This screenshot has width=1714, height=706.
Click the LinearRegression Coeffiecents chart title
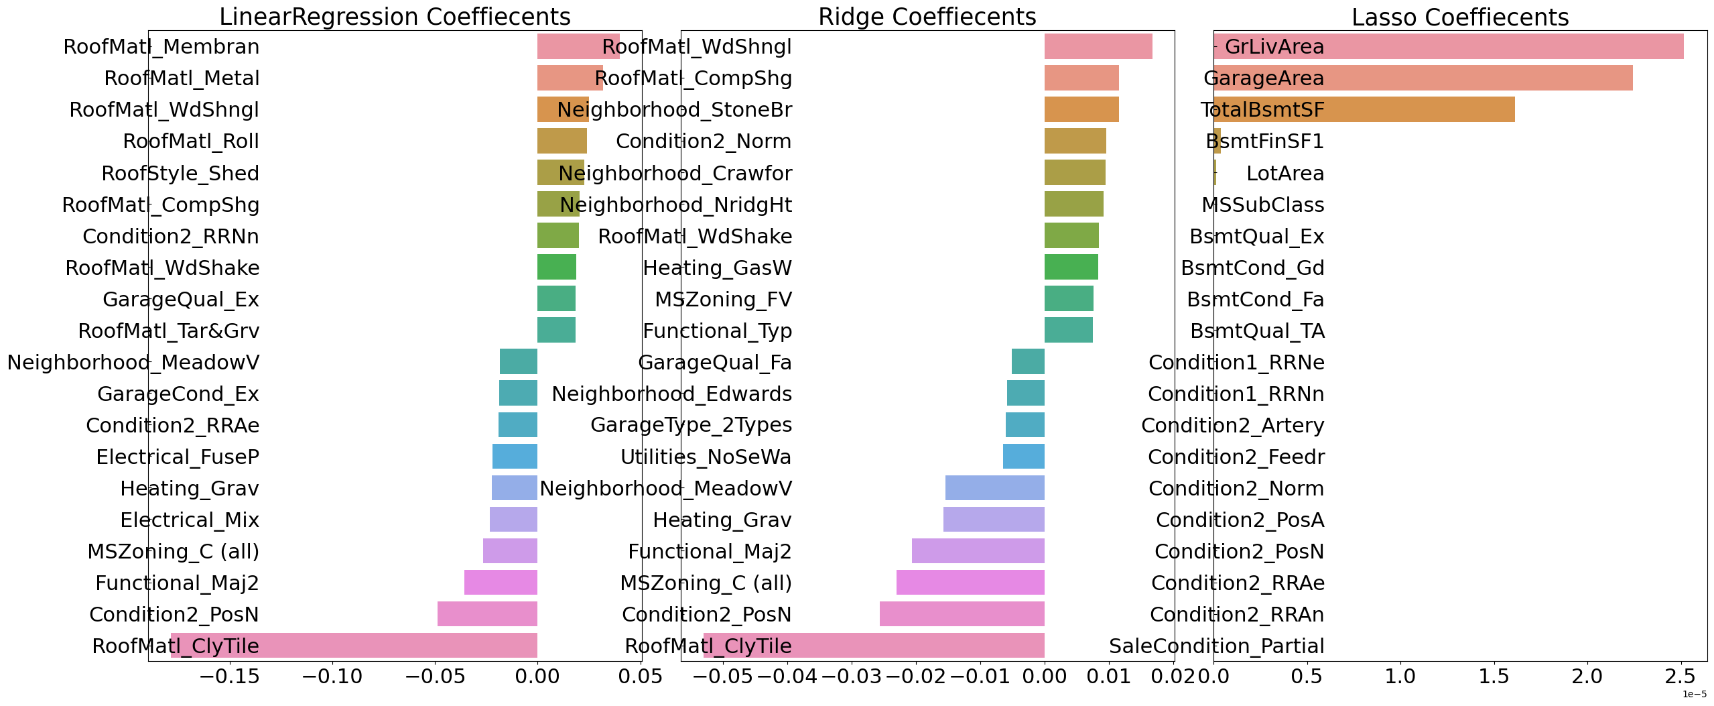click(395, 17)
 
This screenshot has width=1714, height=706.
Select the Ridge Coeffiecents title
click(927, 17)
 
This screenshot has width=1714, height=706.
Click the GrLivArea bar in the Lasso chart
click(1448, 46)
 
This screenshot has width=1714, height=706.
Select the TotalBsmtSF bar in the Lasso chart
click(1364, 109)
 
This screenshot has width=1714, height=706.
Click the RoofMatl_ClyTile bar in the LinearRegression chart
click(354, 646)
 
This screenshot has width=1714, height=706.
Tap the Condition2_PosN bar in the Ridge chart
click(962, 614)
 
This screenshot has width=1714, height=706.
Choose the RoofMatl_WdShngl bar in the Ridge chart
click(1098, 46)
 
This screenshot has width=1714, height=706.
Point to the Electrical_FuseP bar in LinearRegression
click(515, 457)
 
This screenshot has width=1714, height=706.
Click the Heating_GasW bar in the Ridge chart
click(1071, 268)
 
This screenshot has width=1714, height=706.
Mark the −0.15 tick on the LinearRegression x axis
click(229, 676)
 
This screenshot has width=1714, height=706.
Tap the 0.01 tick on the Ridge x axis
click(1108, 676)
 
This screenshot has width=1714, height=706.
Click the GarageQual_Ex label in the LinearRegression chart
click(181, 300)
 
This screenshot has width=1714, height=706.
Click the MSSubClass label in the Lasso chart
click(1262, 205)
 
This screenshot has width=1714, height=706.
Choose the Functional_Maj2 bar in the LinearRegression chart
click(501, 583)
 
